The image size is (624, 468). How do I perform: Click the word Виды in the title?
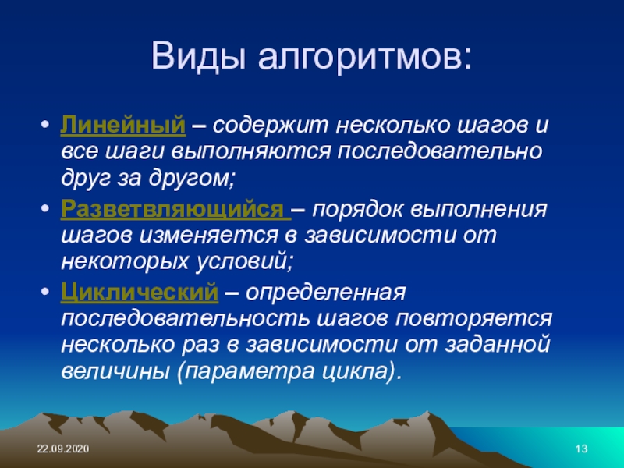tap(198, 55)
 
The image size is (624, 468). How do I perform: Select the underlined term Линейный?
tap(123, 126)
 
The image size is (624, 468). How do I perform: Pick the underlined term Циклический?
tap(140, 292)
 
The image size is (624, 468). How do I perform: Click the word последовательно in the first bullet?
tap(440, 151)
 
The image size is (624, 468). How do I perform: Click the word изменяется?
tap(209, 236)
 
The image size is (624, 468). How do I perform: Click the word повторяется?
tap(474, 319)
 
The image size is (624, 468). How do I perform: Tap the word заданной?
tap(498, 345)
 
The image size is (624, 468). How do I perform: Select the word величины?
tap(114, 371)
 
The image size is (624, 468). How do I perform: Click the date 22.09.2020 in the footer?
tap(63, 449)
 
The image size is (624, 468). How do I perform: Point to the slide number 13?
tap(581, 449)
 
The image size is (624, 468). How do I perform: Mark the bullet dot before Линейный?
tap(45, 124)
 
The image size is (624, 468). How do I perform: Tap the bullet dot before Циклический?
tap(45, 291)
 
